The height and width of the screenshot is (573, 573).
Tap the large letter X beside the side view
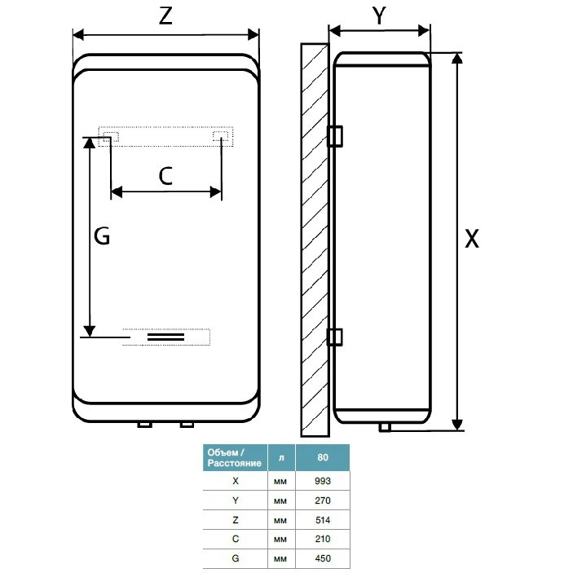[471, 239]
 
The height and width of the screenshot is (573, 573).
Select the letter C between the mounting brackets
[165, 175]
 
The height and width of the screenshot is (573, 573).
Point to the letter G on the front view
[101, 236]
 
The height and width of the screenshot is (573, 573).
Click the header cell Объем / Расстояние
[235, 457]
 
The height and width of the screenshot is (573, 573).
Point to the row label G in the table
[235, 559]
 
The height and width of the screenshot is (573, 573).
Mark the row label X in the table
[235, 481]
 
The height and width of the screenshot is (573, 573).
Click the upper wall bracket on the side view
[335, 136]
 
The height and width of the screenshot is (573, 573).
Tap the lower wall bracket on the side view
[335, 337]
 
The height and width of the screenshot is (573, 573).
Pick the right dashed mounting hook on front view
[221, 135]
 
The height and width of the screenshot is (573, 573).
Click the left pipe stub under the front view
[145, 425]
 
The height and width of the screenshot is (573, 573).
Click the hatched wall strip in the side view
[314, 236]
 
